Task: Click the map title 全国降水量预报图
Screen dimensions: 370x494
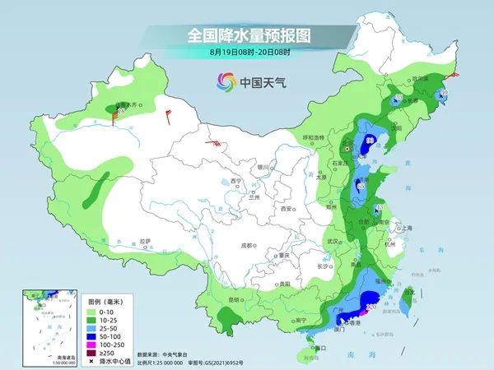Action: pyautogui.click(x=246, y=35)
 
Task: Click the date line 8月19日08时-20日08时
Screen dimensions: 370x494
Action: pyautogui.click(x=246, y=52)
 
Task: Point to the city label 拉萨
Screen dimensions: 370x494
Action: pyautogui.click(x=146, y=241)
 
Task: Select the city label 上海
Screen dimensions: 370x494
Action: pyautogui.click(x=404, y=228)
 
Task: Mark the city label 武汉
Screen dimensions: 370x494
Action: pyautogui.click(x=333, y=241)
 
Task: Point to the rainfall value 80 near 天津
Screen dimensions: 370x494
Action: pyautogui.click(x=370, y=141)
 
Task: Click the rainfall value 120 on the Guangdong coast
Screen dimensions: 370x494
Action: pyautogui.click(x=370, y=307)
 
